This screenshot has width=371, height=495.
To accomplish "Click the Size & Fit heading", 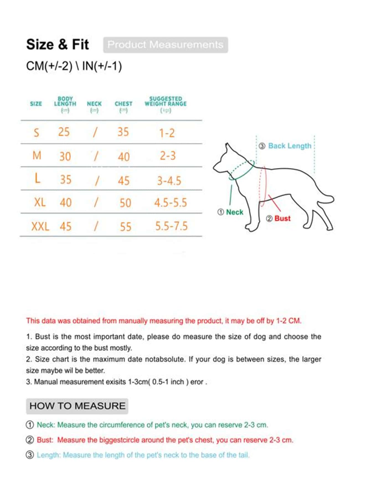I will click(57, 45).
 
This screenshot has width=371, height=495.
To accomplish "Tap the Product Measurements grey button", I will click(166, 45).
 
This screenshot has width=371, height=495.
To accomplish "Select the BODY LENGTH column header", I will click(65, 104).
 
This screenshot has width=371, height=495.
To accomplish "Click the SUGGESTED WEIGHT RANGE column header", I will click(166, 104).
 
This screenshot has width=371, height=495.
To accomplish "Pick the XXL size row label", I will click(40, 227).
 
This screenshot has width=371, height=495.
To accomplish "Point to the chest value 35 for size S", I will click(123, 132).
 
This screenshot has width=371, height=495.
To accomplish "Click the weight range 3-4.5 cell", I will click(169, 181).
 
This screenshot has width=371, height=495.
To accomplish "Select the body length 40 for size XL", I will click(66, 203).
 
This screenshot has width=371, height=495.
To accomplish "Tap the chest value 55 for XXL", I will click(125, 227).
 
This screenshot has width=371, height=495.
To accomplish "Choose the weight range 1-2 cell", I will click(167, 133).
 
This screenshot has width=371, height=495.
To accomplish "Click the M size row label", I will click(37, 156).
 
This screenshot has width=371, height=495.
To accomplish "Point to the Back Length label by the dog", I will click(290, 146).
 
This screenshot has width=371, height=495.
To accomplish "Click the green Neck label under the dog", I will click(234, 212).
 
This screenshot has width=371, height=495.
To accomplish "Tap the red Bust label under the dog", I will click(282, 219).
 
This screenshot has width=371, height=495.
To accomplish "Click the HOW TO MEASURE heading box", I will click(77, 406).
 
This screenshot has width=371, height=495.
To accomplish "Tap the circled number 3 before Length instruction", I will click(30, 455).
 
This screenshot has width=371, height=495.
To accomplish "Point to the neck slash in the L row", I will click(97, 181).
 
